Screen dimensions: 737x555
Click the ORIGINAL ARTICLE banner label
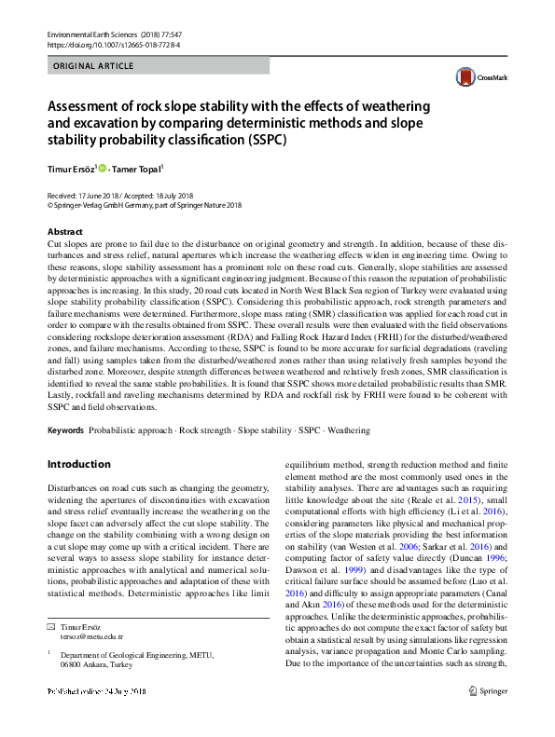[93, 66]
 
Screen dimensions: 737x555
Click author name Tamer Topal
[135, 170]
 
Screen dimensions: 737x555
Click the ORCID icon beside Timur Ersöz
[101, 169]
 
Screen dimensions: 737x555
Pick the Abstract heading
[64, 230]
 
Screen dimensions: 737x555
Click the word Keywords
[65, 430]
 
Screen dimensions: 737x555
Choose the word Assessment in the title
[92, 105]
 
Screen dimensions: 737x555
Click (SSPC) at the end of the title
[265, 141]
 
